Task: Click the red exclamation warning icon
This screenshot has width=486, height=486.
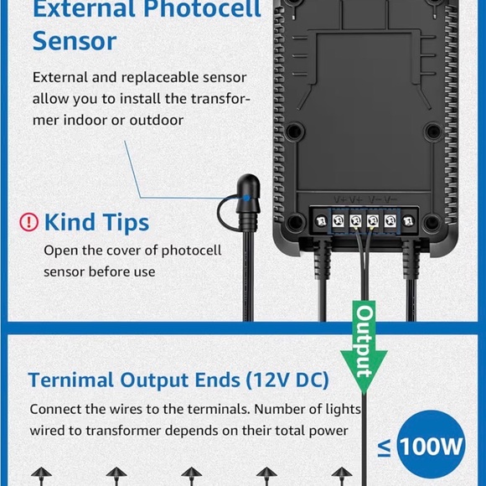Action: (28, 222)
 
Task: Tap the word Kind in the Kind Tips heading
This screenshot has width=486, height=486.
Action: (70, 222)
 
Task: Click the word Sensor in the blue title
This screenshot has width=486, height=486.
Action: (75, 41)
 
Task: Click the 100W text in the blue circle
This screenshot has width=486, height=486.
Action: (432, 446)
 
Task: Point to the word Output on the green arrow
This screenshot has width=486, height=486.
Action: (364, 341)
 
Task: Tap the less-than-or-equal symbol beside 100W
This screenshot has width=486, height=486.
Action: (385, 449)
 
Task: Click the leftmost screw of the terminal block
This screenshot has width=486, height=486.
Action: (321, 221)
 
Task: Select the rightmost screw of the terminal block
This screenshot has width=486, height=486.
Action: (408, 221)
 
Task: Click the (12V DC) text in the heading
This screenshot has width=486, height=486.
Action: (287, 380)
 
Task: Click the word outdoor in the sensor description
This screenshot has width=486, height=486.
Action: (157, 121)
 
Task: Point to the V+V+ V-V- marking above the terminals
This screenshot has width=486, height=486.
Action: (365, 199)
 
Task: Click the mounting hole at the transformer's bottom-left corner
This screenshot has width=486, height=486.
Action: (295, 221)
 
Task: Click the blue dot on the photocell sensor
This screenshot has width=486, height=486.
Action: (246, 198)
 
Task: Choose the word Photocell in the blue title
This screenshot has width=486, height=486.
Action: (202, 8)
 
